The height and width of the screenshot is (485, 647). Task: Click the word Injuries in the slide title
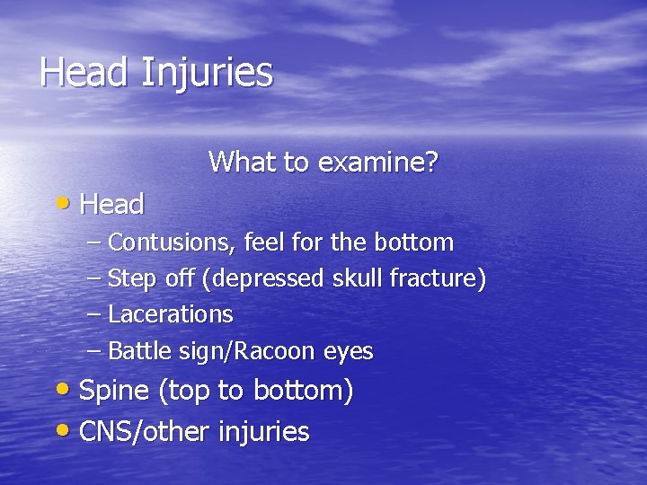pyautogui.click(x=207, y=73)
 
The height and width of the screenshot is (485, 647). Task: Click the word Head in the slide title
pyautogui.click(x=85, y=72)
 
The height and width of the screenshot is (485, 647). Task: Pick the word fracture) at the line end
pyautogui.click(x=438, y=279)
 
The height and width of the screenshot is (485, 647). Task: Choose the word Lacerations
pyautogui.click(x=171, y=315)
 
